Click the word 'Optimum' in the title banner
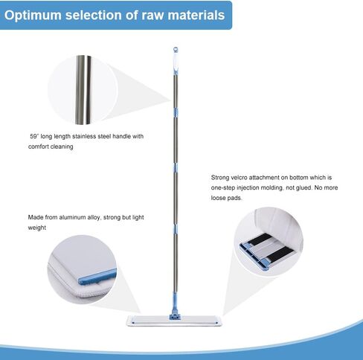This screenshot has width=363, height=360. (33, 16)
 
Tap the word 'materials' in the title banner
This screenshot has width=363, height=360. (196, 15)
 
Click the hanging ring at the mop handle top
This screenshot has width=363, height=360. (176, 50)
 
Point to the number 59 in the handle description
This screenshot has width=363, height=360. (33, 136)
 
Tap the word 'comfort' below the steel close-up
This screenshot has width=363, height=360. (38, 147)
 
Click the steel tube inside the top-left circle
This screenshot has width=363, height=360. (83, 90)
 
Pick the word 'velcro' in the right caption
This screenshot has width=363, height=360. (239, 178)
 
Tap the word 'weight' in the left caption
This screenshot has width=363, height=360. (37, 228)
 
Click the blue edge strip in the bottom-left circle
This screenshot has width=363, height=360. (97, 277)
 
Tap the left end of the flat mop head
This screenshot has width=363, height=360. (127, 321)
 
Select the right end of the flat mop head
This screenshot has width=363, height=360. (220, 321)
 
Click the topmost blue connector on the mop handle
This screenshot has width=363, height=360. (176, 112)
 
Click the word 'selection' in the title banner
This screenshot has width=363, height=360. (94, 15)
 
